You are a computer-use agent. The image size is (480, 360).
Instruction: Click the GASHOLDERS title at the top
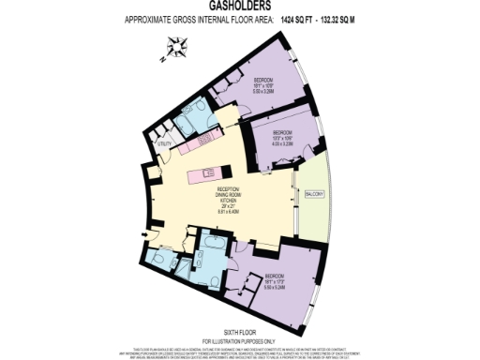coord(240,7)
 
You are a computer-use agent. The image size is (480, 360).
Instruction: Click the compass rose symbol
coord(176,43)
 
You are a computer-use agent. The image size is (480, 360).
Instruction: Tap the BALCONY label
coord(313,194)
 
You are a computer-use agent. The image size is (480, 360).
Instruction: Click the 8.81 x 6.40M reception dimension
coord(216,212)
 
